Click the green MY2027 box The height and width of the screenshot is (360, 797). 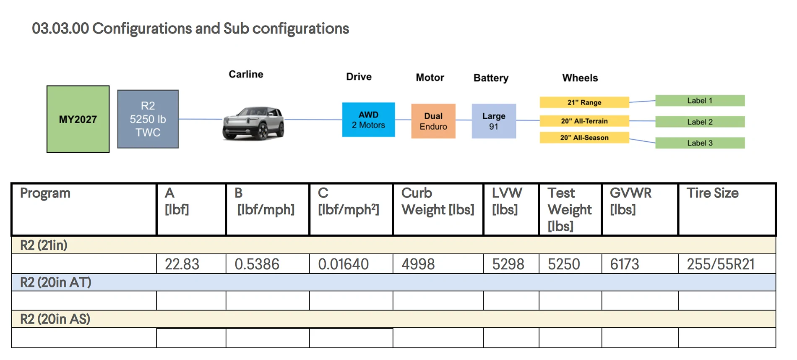coord(78,119)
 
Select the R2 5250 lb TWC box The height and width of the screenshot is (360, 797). coord(148,119)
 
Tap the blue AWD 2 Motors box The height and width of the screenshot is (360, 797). coord(368,120)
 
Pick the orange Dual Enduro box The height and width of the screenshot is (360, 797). coord(433,121)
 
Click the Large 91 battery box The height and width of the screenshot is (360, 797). coord(494,121)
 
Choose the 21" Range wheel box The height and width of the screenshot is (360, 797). coord(584,102)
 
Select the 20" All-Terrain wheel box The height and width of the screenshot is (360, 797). coord(584,121)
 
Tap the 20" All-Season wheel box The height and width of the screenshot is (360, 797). coord(584,138)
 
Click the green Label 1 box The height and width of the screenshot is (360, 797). coord(700,101)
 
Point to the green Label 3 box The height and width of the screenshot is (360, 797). coord(700,143)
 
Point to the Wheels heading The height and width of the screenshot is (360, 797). coord(580,78)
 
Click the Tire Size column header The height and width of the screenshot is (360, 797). coord(713,193)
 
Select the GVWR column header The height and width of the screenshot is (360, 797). coord(630,201)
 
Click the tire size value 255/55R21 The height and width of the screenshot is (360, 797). coord(721,264)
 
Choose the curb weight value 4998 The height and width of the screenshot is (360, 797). coord(418,264)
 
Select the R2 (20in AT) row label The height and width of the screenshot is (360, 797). coord(56,282)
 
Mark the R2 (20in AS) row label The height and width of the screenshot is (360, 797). coord(55,319)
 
